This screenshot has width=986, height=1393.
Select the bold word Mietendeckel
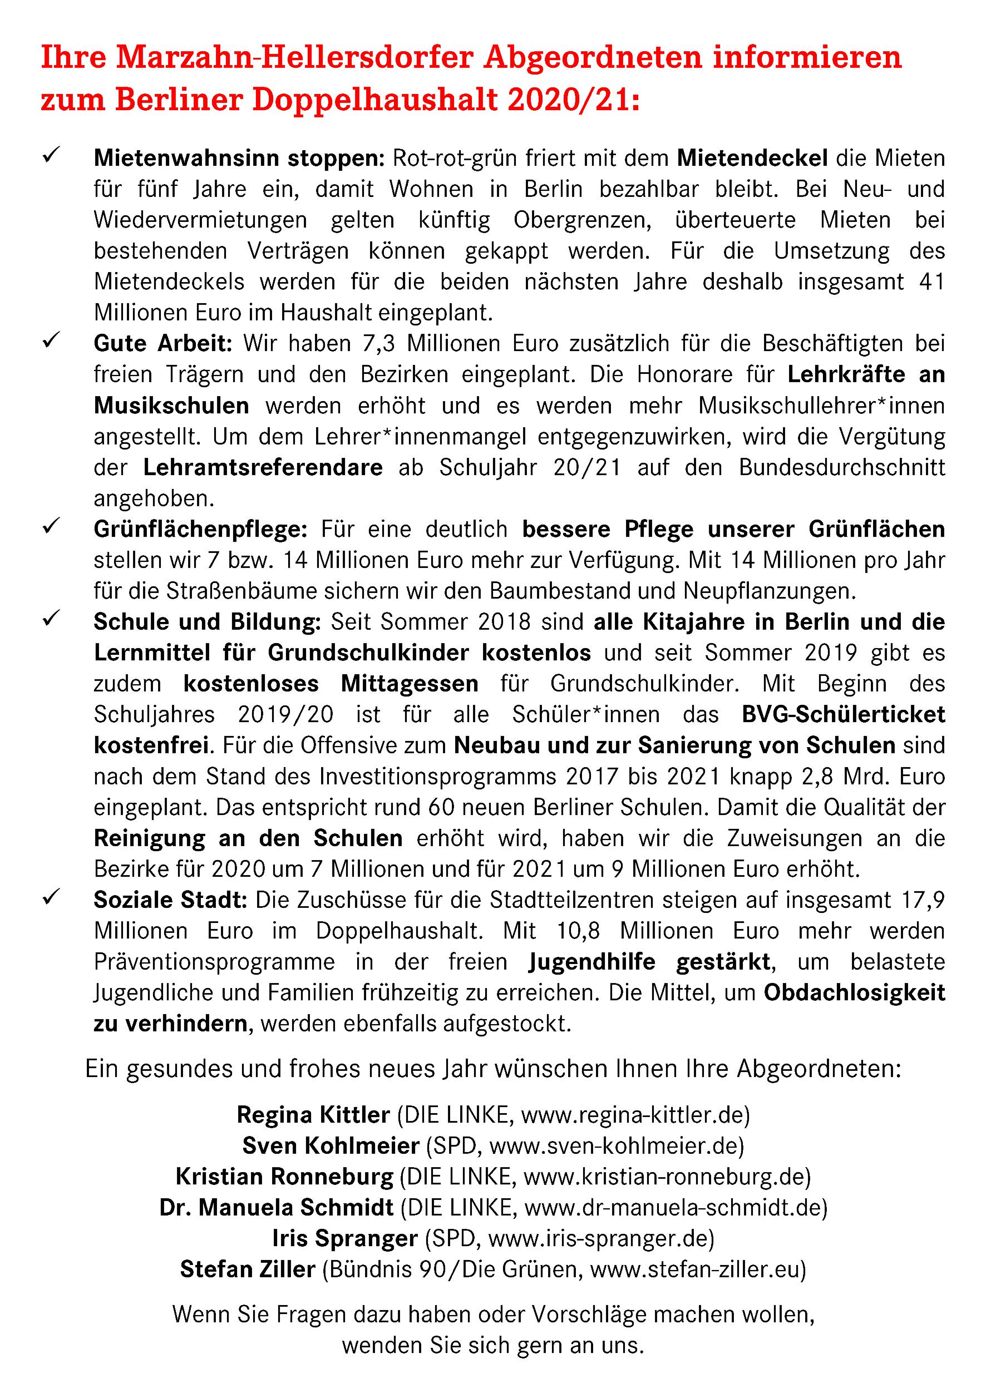(752, 159)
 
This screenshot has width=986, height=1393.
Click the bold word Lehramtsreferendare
(263, 468)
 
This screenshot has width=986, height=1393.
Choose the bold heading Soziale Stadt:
(170, 900)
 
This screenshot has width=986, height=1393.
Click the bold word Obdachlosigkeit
(854, 992)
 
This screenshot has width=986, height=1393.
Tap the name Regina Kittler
(313, 1115)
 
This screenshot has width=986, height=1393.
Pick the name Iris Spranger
(344, 1238)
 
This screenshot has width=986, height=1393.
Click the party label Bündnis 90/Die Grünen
(453, 1269)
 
